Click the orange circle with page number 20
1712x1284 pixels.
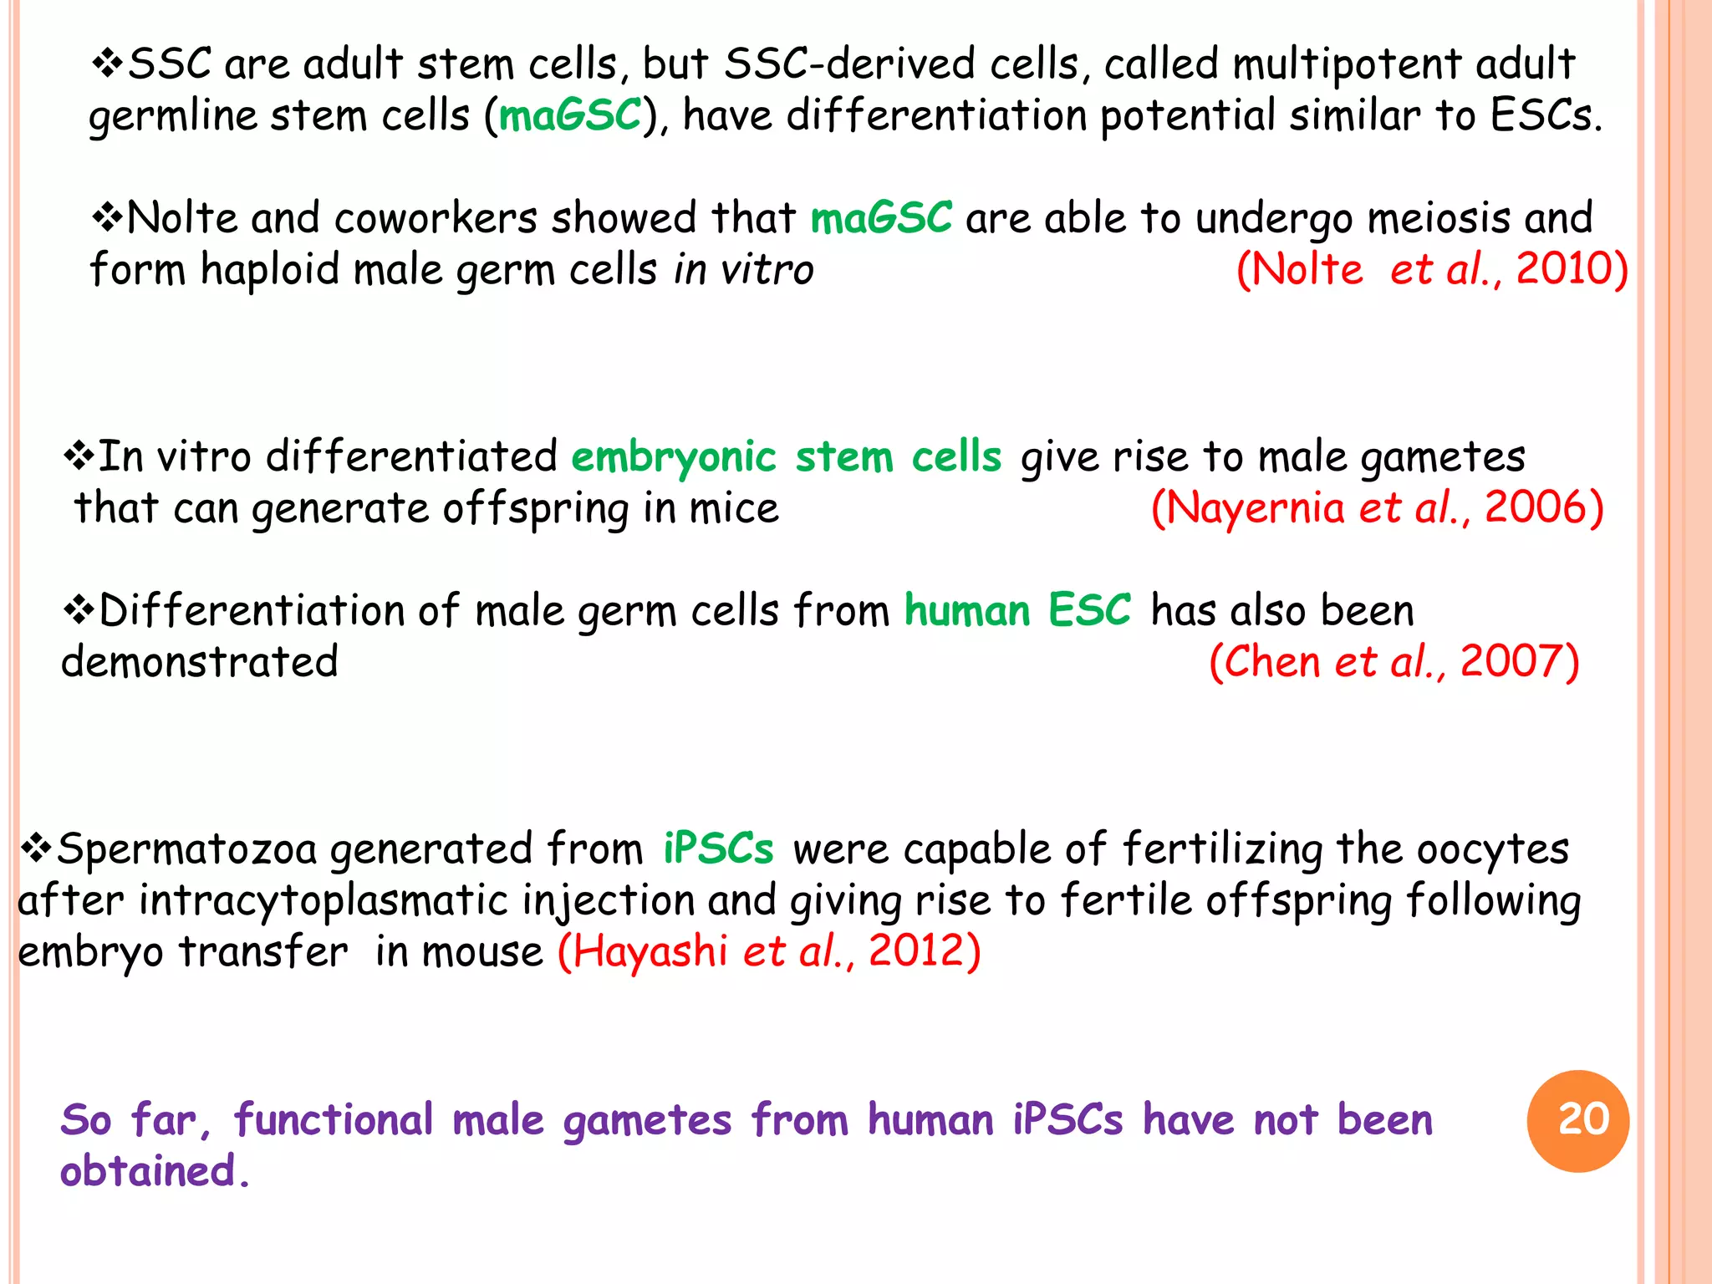click(1577, 1121)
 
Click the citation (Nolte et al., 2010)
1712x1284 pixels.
click(1432, 269)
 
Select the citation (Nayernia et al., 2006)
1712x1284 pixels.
click(1377, 507)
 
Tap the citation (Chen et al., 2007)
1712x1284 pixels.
click(1394, 661)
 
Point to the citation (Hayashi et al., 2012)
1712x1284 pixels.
click(769, 951)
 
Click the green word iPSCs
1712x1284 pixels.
click(718, 848)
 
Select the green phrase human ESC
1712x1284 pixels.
click(1017, 609)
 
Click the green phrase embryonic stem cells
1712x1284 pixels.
click(786, 456)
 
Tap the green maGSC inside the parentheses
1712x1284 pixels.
click(570, 115)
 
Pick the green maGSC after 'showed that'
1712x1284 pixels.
click(881, 217)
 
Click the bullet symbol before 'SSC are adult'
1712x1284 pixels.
click(107, 64)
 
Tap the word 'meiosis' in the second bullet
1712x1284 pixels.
click(1438, 217)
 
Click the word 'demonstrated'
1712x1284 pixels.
click(200, 661)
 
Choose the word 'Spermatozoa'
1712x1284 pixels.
click(186, 848)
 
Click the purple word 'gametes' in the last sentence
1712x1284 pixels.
click(647, 1121)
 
